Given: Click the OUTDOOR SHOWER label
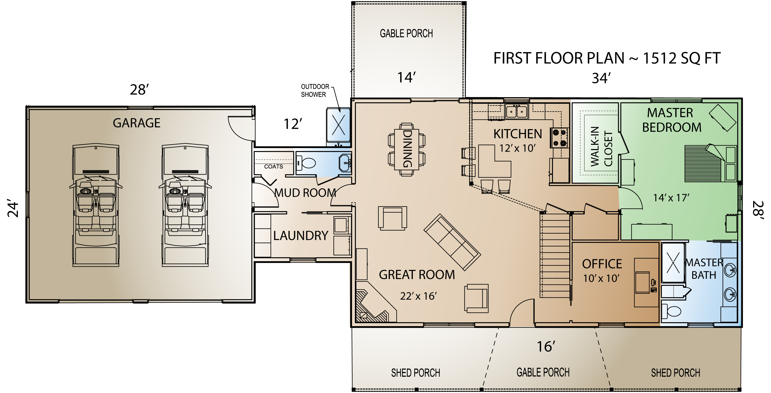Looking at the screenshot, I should pos(315,91).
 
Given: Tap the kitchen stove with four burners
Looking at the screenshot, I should pos(559,138).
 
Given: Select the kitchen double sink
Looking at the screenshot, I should pos(516,111).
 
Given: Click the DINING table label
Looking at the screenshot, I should pos(407,149).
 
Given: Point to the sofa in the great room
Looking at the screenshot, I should pos(452,242).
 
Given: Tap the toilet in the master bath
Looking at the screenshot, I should pos(672,311).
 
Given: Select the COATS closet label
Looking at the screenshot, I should pos(273,167).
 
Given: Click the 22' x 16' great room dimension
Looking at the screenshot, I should pos(418,296).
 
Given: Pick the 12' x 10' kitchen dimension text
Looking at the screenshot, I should pos(517,148).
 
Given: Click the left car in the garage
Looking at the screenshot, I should pos(96,205).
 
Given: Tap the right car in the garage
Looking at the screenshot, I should pos(185,205).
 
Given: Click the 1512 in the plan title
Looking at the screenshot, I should pos(660,58).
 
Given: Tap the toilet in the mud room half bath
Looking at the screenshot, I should pos(307,163).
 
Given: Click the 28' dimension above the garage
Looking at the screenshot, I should pos(139,90).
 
